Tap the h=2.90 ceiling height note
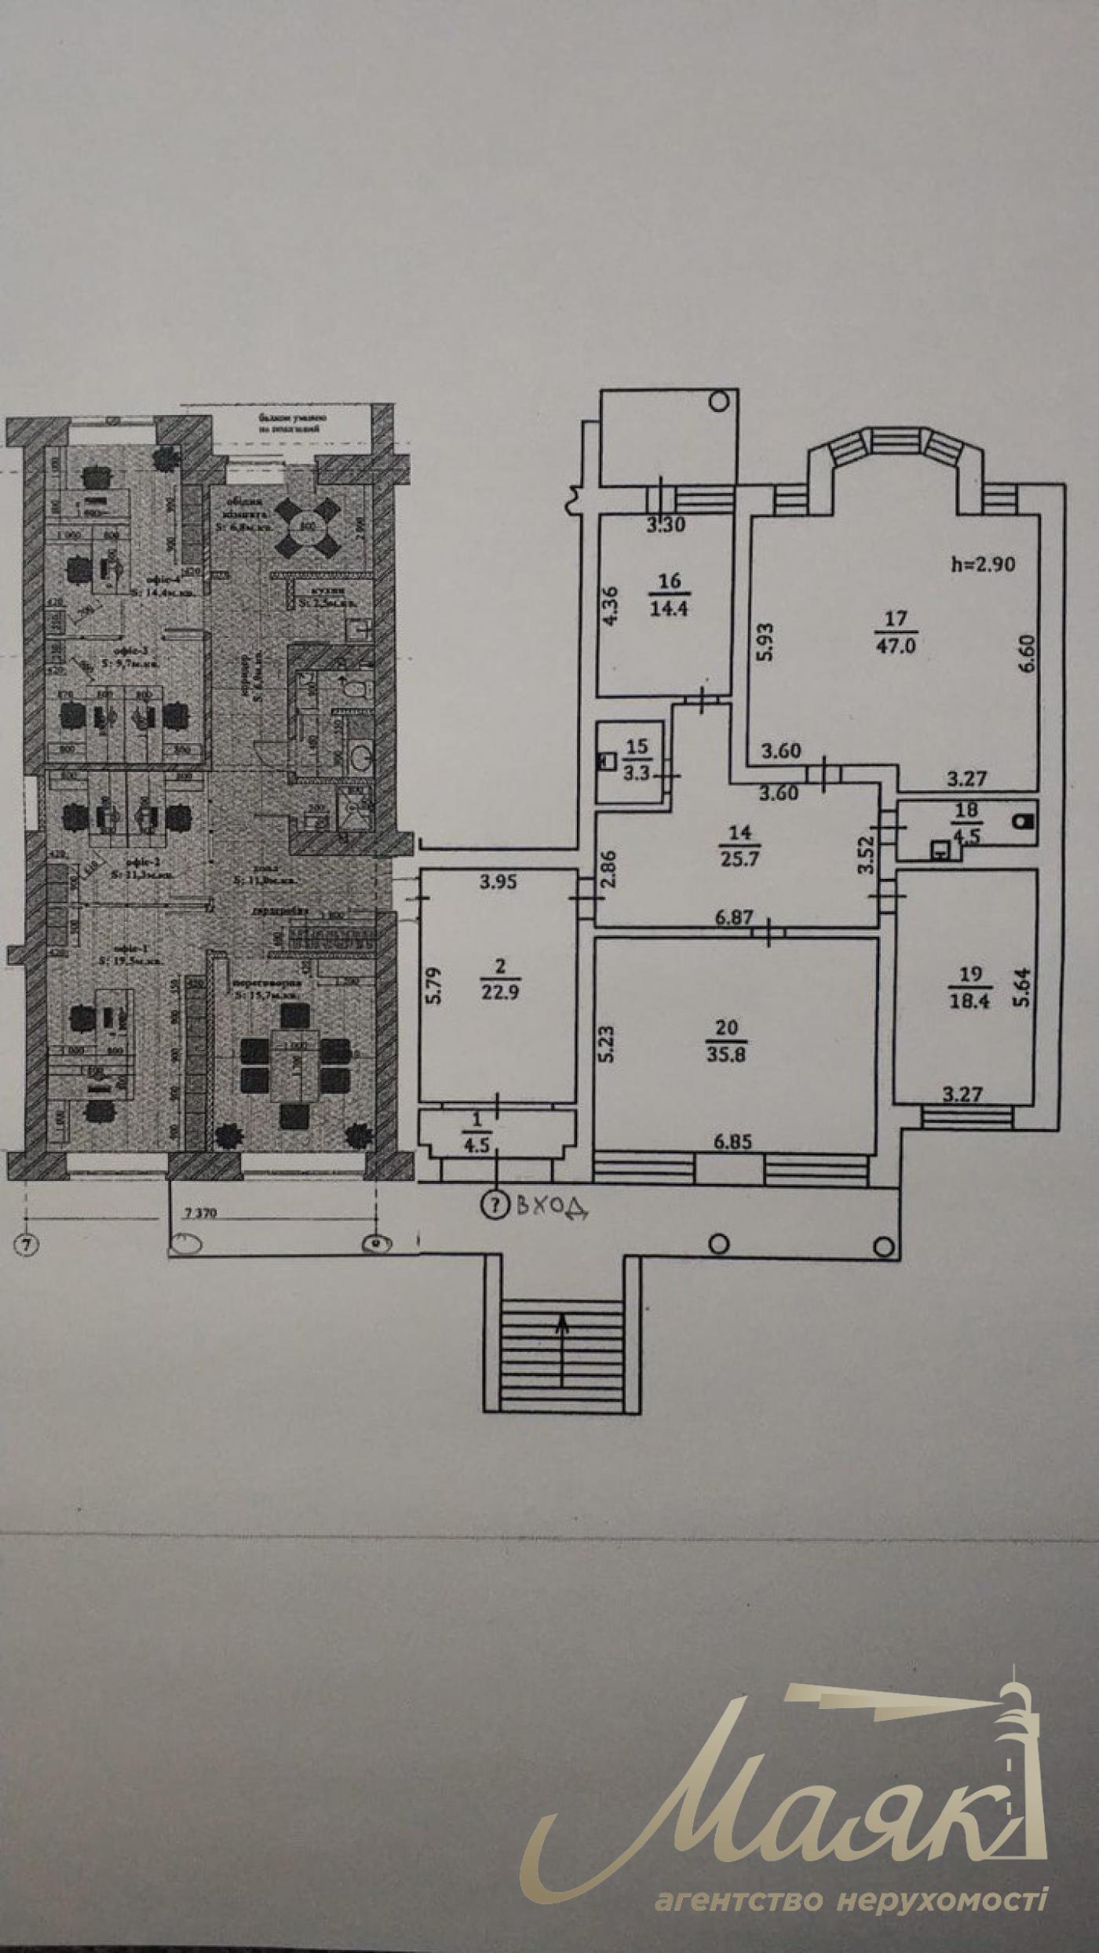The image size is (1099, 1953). click(983, 563)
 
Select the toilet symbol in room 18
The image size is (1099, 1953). click(1021, 822)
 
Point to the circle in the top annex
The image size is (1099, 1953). click(718, 402)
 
